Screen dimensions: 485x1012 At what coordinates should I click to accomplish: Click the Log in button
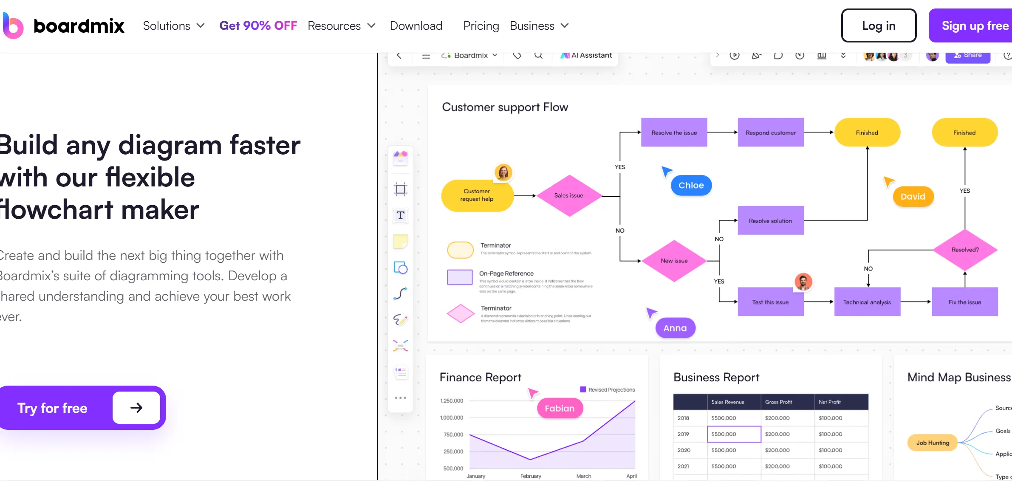[x=878, y=25]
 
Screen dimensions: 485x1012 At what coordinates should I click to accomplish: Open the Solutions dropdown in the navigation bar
[x=174, y=25]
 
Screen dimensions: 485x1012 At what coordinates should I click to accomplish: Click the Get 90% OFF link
[x=258, y=25]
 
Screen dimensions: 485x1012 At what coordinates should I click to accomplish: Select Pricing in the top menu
[x=481, y=25]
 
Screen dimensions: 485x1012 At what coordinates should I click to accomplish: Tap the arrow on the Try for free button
[x=136, y=408]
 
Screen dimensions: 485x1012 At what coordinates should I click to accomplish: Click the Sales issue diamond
[x=569, y=196]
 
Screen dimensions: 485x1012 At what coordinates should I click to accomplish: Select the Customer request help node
[x=477, y=195]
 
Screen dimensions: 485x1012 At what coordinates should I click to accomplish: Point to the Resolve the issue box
[x=674, y=133]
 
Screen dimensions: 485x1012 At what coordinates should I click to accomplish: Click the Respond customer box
[x=771, y=133]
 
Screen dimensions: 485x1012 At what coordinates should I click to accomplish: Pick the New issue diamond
[x=674, y=261]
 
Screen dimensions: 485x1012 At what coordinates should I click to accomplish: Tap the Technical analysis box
[x=867, y=302]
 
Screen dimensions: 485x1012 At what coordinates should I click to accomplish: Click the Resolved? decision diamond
[x=965, y=250]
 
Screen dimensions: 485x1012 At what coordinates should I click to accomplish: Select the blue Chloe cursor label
[x=691, y=185]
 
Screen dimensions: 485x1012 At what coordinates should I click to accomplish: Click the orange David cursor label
[x=913, y=197]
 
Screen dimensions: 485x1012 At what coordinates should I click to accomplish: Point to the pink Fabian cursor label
[x=559, y=408]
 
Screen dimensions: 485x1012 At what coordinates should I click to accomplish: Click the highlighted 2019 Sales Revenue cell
[x=734, y=434]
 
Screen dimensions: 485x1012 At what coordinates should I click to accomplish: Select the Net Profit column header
[x=830, y=402]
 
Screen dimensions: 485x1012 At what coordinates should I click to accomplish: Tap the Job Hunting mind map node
[x=933, y=443]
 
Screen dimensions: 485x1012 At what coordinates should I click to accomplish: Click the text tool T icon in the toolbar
[x=400, y=216]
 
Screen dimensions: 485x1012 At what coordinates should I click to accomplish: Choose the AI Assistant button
[x=586, y=55]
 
